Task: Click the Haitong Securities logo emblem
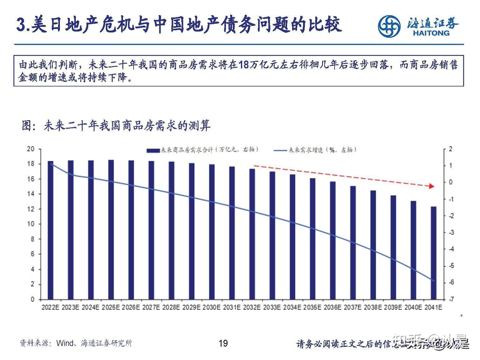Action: pyautogui.click(x=389, y=26)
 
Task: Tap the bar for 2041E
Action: pyautogui.click(x=433, y=253)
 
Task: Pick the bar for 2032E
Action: pyautogui.click(x=252, y=234)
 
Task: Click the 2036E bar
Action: pyautogui.click(x=333, y=240)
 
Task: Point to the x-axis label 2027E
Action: pyautogui.click(x=151, y=307)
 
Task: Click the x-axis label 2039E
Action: pyautogui.click(x=393, y=307)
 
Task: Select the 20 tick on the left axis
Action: pyautogui.click(x=31, y=149)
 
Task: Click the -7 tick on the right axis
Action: pyautogui.click(x=450, y=299)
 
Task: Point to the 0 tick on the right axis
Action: pyautogui.click(x=450, y=182)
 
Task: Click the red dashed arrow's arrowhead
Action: pyautogui.click(x=431, y=186)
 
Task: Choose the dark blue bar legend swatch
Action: pyautogui.click(x=153, y=150)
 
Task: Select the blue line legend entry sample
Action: pyautogui.click(x=280, y=150)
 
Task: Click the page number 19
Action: pyautogui.click(x=223, y=343)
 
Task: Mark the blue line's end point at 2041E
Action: pyautogui.click(x=434, y=281)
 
